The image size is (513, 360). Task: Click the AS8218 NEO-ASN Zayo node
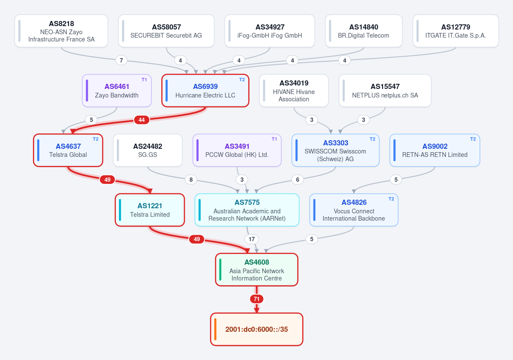pyautogui.click(x=61, y=31)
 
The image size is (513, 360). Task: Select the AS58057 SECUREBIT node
pyautogui.click(x=166, y=31)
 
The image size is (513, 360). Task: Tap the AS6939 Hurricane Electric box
pyautogui.click(x=205, y=91)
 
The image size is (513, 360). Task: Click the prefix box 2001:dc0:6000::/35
pyautogui.click(x=257, y=329)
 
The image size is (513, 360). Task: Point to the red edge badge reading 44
pyautogui.click(x=142, y=120)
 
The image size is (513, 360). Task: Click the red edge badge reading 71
pyautogui.click(x=257, y=299)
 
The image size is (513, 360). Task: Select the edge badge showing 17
pyautogui.click(x=252, y=239)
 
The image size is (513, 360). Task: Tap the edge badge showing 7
pyautogui.click(x=122, y=60)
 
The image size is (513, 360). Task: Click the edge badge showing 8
pyautogui.click(x=191, y=180)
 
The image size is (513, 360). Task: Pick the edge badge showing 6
pyautogui.click(x=297, y=180)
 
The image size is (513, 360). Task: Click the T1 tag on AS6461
pyautogui.click(x=144, y=80)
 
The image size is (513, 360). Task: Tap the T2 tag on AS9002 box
pyautogui.click(x=473, y=139)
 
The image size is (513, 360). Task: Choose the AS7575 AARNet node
pyautogui.click(x=247, y=210)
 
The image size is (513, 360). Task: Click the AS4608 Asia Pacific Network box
pyautogui.click(x=257, y=270)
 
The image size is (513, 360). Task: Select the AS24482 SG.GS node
pyautogui.click(x=148, y=150)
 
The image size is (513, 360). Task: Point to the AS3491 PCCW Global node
pyautogui.click(x=237, y=150)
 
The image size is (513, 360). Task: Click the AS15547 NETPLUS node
pyautogui.click(x=385, y=91)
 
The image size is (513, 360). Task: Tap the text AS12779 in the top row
pyautogui.click(x=456, y=27)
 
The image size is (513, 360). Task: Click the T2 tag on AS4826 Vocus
pyautogui.click(x=391, y=199)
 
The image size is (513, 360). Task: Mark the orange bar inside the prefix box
pyautogui.click(x=215, y=329)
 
